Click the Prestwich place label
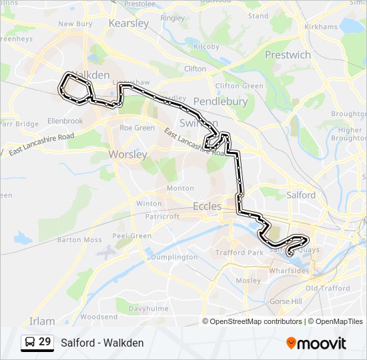tap(288, 55)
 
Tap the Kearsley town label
tap(129, 23)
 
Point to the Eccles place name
tap(207, 207)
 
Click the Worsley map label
tap(128, 155)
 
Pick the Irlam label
tap(42, 321)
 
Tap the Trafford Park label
tap(238, 253)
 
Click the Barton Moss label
tap(79, 240)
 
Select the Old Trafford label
tap(328, 289)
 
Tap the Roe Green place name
tap(137, 128)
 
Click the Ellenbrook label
tap(65, 121)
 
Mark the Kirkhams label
tap(320, 27)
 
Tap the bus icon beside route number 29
tap(30, 342)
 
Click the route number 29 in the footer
tap(45, 342)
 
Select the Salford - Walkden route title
tap(102, 343)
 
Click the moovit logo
tap(316, 343)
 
